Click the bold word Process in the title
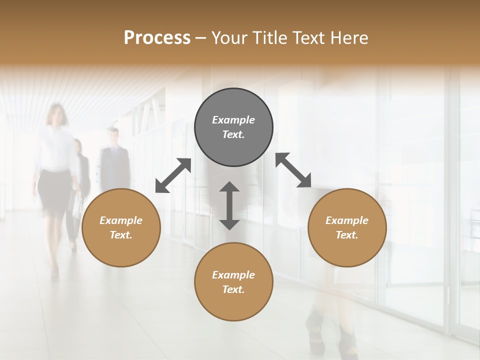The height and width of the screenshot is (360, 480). coord(157,38)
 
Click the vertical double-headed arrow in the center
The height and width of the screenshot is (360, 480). coord(229,205)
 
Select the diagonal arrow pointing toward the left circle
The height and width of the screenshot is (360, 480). coord(173,175)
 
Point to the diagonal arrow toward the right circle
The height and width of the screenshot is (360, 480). coord(293,170)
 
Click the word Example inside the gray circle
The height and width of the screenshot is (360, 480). coord(233,120)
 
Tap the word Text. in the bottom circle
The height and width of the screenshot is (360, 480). coord(233,289)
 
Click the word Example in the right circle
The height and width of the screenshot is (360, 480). coord(347,220)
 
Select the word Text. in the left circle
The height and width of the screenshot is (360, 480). coord(121,235)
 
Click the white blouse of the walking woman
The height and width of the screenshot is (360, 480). coord(56,150)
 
